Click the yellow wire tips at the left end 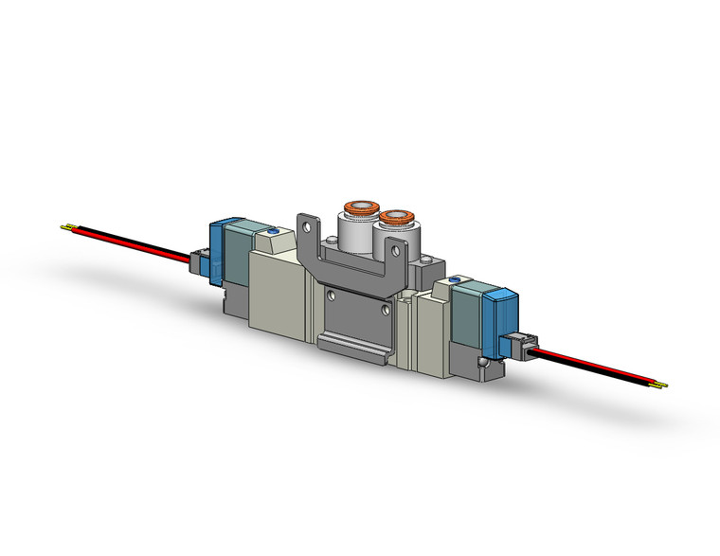pos(67,227)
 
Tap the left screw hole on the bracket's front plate pos(330,295)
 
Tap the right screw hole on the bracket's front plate pos(385,310)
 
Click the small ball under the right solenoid pos(486,364)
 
